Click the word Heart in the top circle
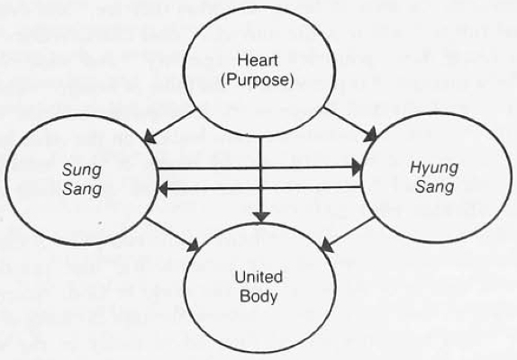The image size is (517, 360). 258,60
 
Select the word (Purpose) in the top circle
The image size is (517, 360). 257,80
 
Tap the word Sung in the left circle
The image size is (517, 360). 81,171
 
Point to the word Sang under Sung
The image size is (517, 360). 82,189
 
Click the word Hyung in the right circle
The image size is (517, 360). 434,168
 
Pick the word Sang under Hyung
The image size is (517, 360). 434,186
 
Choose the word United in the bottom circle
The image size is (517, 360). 258,276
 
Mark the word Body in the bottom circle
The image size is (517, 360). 258,296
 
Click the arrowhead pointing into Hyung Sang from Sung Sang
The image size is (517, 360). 357,167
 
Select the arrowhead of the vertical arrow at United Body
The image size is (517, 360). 262,217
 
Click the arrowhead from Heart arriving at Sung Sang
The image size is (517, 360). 150,138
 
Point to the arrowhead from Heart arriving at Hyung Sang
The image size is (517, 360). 370,135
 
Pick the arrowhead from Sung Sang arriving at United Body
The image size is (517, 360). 194,246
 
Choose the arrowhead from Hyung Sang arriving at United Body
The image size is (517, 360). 328,246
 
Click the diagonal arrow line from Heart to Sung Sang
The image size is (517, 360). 170,124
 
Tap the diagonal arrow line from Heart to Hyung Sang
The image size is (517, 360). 350,124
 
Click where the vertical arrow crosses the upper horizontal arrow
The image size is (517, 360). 261,168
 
